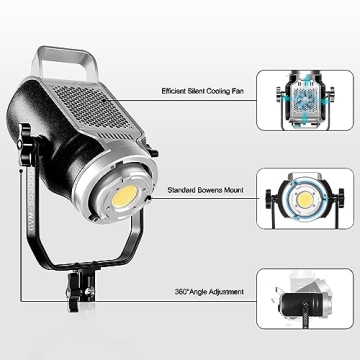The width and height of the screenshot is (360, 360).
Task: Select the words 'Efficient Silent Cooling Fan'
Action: (x=204, y=89)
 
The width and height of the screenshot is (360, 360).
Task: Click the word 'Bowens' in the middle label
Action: (x=211, y=187)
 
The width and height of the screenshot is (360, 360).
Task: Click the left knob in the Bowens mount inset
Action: (x=271, y=199)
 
